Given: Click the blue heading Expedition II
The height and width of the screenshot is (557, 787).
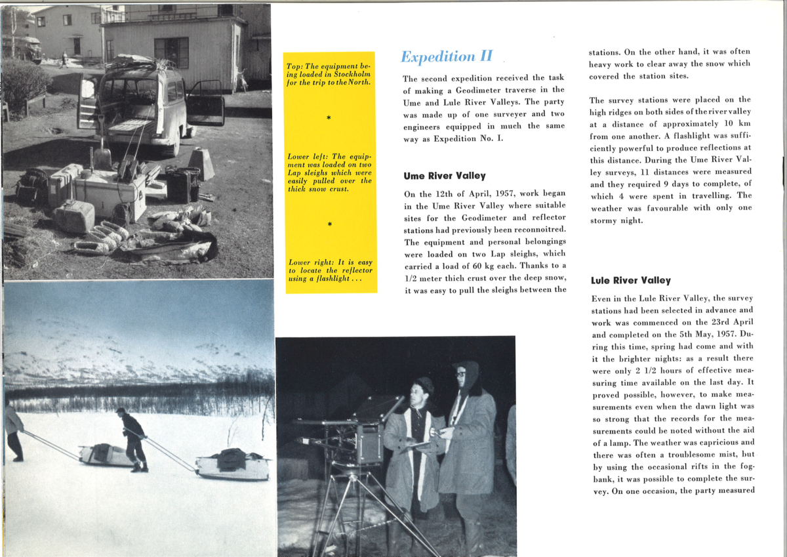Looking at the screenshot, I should [x=446, y=56].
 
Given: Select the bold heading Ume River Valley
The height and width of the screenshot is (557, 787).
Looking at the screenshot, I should [x=444, y=176].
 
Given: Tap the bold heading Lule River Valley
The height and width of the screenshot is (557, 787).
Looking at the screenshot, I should [x=630, y=280].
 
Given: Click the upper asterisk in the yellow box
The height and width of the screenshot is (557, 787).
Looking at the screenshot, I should [x=329, y=119].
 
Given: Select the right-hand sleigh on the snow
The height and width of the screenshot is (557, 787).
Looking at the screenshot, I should [x=233, y=464].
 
